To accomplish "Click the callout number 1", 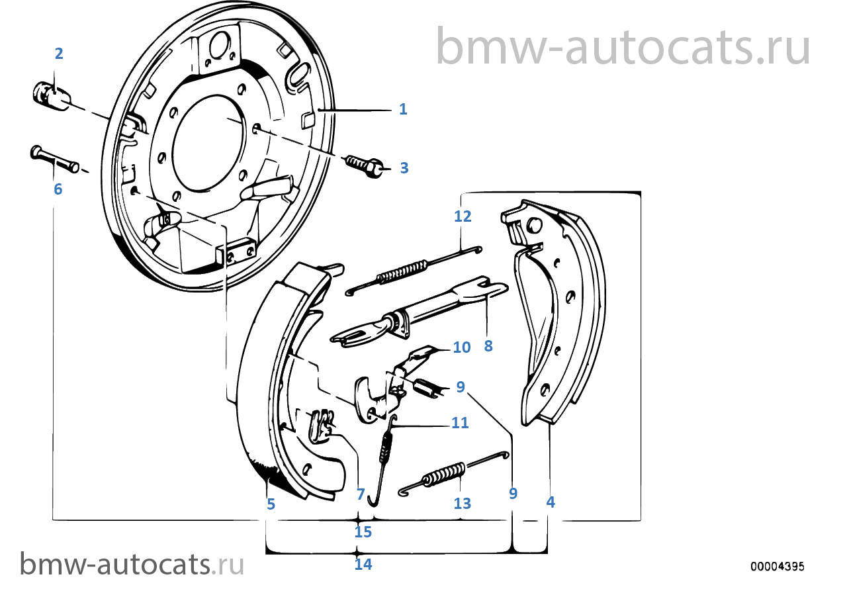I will (x=403, y=109).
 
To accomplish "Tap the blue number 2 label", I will (x=59, y=54).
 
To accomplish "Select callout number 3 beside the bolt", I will (x=404, y=168).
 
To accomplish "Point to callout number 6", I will (x=58, y=189).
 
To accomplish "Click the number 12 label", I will (x=463, y=216).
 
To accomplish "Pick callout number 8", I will (x=488, y=345).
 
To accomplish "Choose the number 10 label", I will (x=461, y=347).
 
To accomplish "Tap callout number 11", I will (x=460, y=422).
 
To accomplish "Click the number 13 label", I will (x=463, y=504).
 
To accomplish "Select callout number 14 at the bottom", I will (x=363, y=565).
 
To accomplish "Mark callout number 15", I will (x=363, y=531).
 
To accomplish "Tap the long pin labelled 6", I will (x=54, y=160).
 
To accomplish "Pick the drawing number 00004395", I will (x=777, y=567).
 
